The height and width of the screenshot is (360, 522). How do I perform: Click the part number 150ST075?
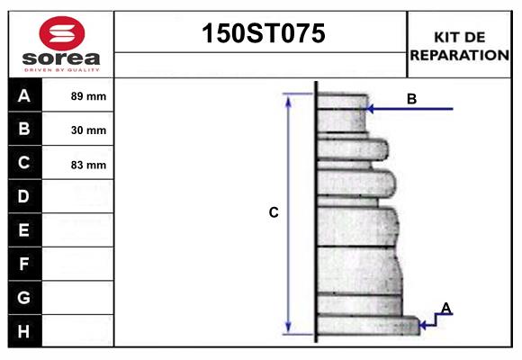click(261, 33)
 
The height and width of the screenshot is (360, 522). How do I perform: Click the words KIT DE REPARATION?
click(460, 46)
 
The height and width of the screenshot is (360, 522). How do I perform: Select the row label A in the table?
click(24, 95)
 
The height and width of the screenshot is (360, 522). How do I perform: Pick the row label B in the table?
click(24, 129)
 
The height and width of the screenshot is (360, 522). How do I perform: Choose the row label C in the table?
click(24, 163)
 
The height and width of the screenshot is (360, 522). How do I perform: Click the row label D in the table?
click(24, 196)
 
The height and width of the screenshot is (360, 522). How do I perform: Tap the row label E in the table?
click(24, 230)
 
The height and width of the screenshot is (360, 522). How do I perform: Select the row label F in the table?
click(24, 264)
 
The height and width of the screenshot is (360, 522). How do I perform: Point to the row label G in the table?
click(24, 297)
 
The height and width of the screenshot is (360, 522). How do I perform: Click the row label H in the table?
click(24, 331)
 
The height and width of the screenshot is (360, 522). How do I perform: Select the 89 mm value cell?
click(88, 96)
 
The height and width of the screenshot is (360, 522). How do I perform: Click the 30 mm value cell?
click(88, 130)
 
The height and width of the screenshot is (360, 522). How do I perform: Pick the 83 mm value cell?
click(88, 165)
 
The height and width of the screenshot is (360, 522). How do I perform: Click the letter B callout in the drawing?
click(411, 99)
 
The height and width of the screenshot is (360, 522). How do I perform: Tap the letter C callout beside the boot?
click(274, 213)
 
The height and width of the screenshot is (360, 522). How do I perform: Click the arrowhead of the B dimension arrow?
click(371, 109)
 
